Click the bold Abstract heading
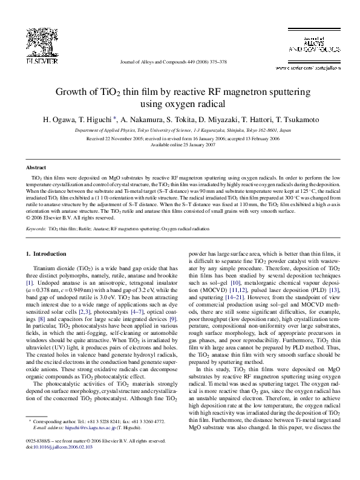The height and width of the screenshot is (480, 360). (x=36, y=166)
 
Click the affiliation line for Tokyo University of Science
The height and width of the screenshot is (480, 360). (x=180, y=130)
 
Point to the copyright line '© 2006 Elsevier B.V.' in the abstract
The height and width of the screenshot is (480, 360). (x=61, y=218)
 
